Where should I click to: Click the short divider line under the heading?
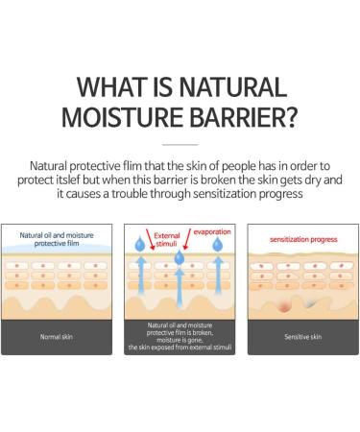pos(180,146)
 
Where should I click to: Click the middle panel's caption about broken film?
pos(180,337)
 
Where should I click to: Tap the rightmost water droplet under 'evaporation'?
pos(220,249)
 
